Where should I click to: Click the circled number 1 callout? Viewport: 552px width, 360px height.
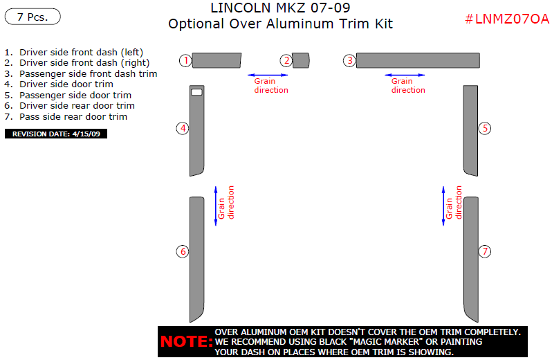[185, 60]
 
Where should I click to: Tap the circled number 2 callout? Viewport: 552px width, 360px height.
[286, 60]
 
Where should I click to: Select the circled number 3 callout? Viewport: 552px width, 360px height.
[350, 60]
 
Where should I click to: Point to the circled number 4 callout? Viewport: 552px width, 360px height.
[183, 128]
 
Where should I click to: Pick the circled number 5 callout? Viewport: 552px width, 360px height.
[486, 128]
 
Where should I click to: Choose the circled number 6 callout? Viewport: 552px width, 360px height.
[183, 251]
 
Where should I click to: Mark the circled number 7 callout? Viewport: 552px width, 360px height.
[486, 251]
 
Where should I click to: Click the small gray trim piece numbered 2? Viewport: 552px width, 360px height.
[300, 60]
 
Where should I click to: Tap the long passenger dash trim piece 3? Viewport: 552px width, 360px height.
[418, 60]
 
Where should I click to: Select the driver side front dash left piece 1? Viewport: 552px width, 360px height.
[217, 60]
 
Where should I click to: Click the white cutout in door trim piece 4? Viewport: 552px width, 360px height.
[196, 91]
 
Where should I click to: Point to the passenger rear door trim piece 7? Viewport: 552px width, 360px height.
[471, 260]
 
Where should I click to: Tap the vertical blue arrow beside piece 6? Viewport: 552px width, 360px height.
[216, 205]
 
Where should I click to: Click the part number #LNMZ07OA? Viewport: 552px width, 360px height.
[506, 19]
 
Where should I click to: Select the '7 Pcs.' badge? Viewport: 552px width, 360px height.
[33, 17]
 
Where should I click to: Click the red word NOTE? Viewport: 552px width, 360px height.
[186, 342]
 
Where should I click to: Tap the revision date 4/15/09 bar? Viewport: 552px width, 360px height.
[56, 134]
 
